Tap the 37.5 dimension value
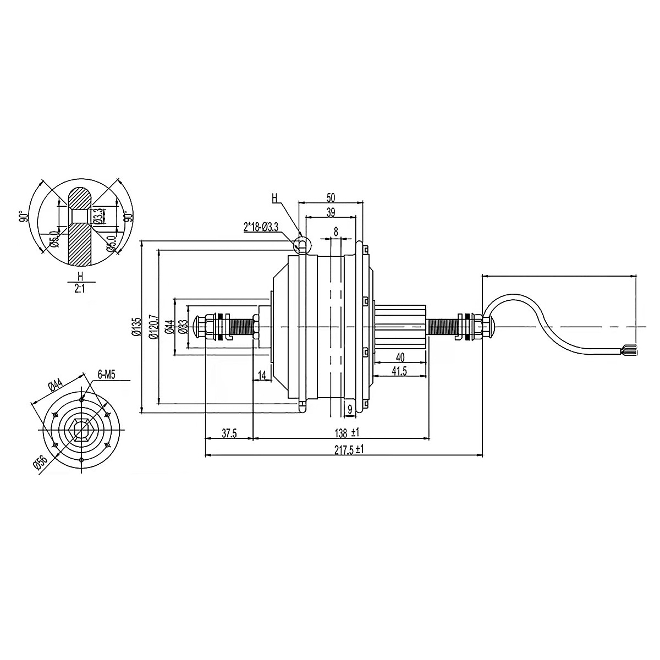click(229, 433)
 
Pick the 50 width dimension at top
click(331, 197)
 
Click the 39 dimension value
click(331, 212)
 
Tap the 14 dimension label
click(262, 375)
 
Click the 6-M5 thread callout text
click(106, 375)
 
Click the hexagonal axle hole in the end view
click(81, 428)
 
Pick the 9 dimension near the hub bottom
click(349, 409)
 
